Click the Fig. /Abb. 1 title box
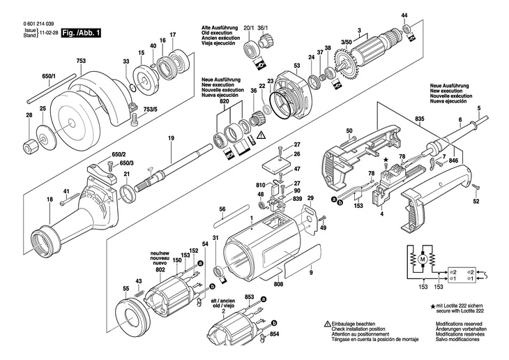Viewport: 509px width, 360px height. (x=81, y=33)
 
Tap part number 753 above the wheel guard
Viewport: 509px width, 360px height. (x=81, y=61)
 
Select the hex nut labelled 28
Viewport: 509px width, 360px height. (x=31, y=148)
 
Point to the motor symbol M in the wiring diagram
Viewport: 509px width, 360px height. (x=423, y=260)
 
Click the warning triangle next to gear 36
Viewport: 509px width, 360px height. (x=260, y=135)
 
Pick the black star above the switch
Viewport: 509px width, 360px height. (x=386, y=160)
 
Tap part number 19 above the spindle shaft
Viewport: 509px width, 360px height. (x=171, y=138)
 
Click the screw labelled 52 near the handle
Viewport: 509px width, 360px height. (x=476, y=187)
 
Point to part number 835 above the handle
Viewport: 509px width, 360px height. (x=420, y=119)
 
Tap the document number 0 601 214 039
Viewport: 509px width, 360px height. (x=38, y=24)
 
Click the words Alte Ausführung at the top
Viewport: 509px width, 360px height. (x=220, y=28)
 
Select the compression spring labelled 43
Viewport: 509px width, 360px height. (x=138, y=292)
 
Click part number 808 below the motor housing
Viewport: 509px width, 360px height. (x=278, y=284)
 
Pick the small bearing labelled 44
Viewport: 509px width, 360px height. (x=407, y=29)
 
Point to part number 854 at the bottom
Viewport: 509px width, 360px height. (x=274, y=334)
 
